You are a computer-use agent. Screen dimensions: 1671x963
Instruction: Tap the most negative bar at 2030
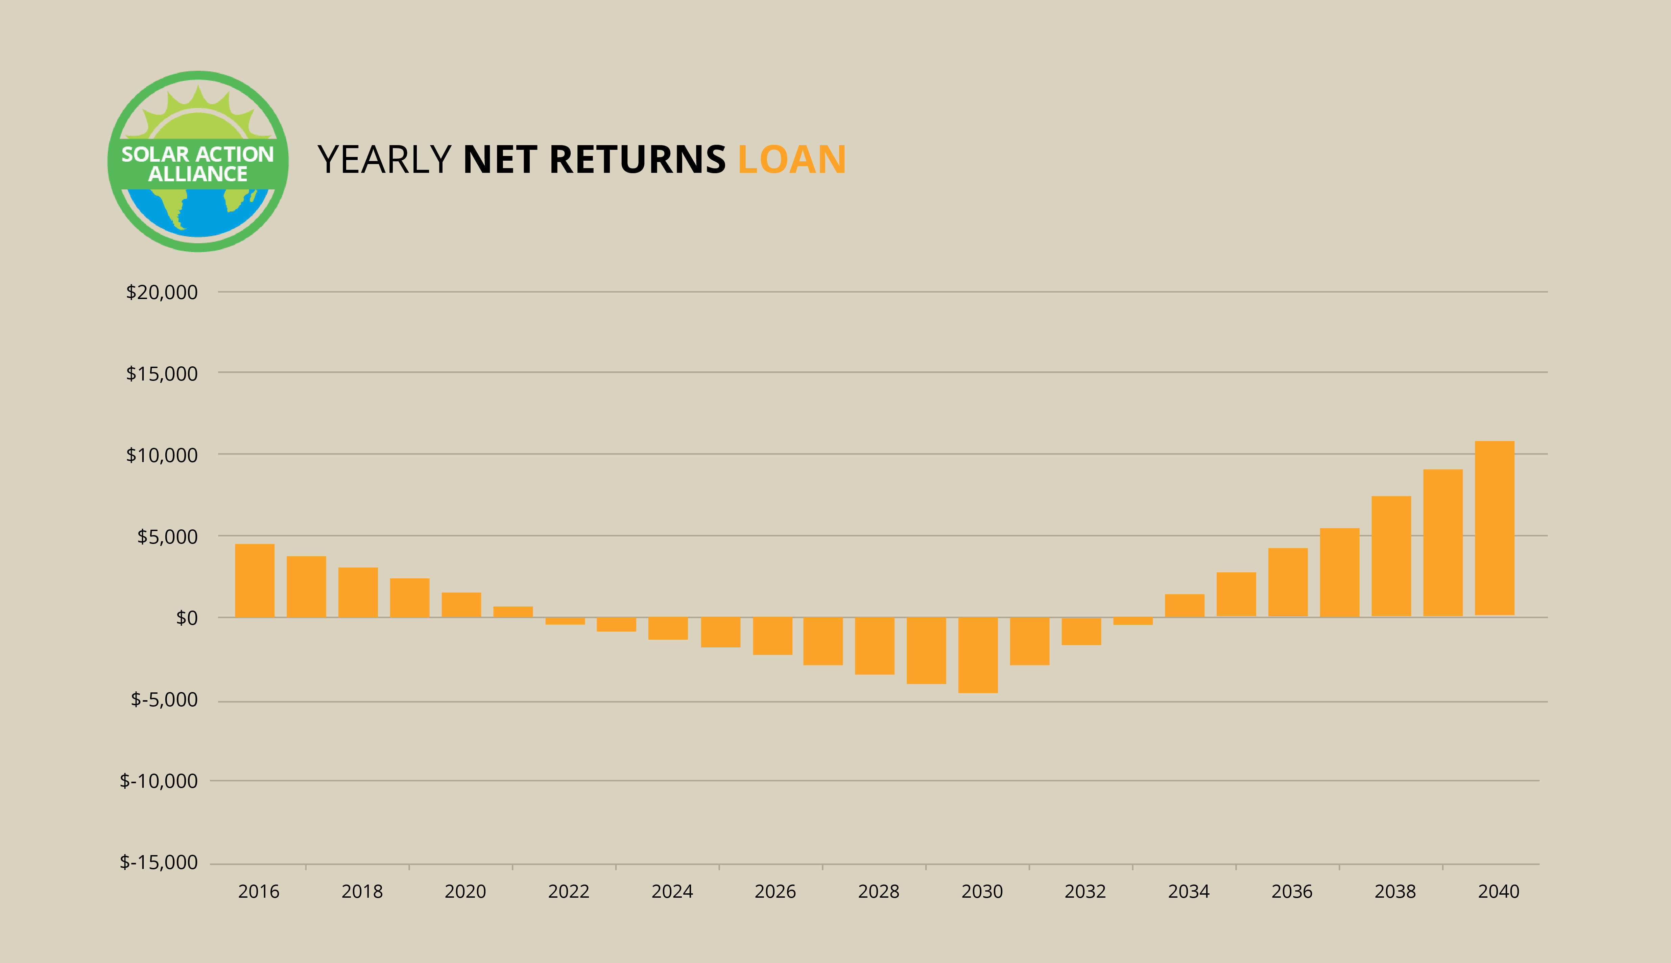point(978,655)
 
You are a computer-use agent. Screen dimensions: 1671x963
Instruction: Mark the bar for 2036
point(1288,582)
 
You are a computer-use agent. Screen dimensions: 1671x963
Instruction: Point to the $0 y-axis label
point(186,618)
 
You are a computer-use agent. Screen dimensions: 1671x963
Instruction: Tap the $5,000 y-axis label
point(167,536)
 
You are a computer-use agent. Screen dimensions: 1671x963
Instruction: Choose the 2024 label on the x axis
point(672,892)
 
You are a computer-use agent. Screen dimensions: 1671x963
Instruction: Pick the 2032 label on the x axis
point(1085,892)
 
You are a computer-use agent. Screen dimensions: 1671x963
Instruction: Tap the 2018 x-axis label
point(362,892)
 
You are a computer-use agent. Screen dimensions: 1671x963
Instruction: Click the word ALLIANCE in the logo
point(198,174)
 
